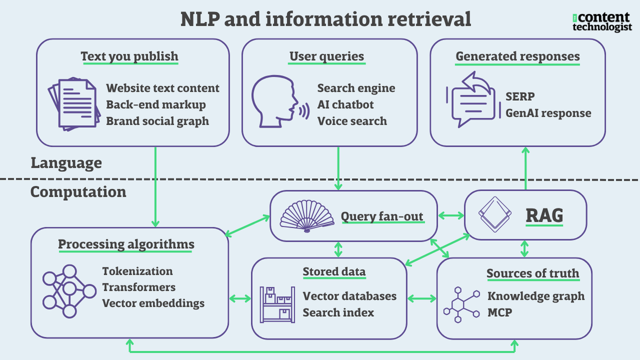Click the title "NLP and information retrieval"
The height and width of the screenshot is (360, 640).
click(325, 19)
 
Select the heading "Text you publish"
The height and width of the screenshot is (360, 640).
click(130, 57)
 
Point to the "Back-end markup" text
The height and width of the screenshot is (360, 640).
click(156, 105)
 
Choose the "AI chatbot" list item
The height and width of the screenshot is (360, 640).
click(346, 105)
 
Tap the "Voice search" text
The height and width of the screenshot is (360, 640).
click(352, 121)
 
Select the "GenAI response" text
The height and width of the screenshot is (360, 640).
click(548, 113)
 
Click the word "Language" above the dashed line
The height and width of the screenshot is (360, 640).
click(66, 163)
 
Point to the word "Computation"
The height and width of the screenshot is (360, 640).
click(78, 192)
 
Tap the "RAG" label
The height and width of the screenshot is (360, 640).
click(545, 216)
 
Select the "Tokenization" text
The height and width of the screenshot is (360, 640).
click(138, 271)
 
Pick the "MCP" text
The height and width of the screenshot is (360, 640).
click(500, 312)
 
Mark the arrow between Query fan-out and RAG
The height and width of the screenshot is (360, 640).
click(451, 216)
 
